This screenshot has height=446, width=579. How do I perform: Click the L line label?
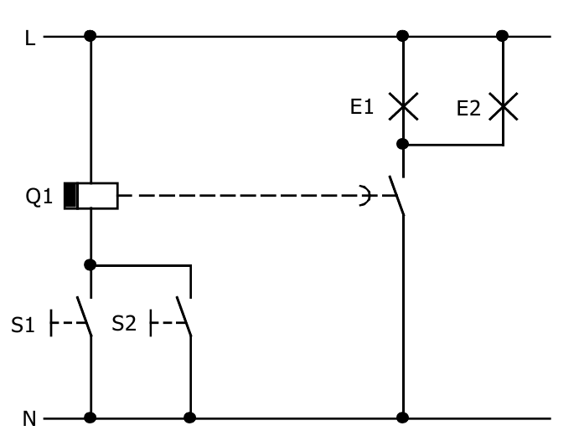coord(30,38)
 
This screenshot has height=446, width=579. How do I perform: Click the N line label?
coord(29,418)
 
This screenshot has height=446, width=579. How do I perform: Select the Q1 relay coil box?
coord(91,196)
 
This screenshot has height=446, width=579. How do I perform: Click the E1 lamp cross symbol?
coord(403,106)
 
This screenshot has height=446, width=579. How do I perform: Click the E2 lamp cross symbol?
coord(503,106)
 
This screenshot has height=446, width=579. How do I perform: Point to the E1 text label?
coord(362,107)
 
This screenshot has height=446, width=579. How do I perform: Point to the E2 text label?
coord(468,108)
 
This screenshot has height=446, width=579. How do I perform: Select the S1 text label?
coord(23,325)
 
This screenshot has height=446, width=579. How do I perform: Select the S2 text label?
coord(124,324)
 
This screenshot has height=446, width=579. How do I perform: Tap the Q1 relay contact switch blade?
coord(396,196)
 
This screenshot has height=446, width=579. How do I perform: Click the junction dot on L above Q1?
coord(90,36)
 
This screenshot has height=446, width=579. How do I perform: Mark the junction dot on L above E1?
coord(403,36)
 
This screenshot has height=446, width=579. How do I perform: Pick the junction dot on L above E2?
coord(503,36)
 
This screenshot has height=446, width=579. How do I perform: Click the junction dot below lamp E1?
coord(403,144)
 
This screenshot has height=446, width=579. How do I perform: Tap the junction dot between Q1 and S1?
coord(90,264)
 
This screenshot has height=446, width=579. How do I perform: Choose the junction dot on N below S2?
coord(190,417)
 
